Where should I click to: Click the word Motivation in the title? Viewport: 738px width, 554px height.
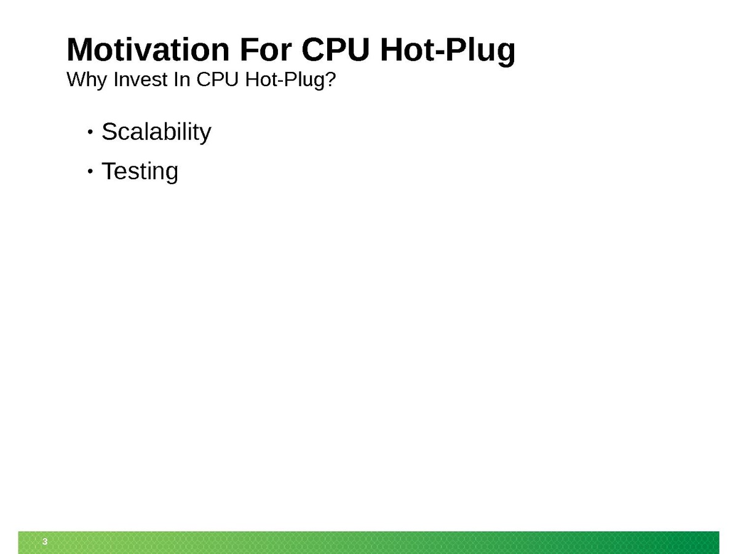(148, 50)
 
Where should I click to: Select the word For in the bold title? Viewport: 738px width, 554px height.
(266, 50)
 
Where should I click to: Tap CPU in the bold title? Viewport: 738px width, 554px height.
(336, 50)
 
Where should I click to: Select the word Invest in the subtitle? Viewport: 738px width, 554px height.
(141, 79)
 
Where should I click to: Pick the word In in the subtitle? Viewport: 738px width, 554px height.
(182, 79)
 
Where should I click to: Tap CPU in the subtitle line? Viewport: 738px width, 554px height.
(218, 79)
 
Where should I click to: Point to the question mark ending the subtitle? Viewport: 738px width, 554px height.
(330, 79)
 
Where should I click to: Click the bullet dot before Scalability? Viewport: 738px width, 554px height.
(90, 132)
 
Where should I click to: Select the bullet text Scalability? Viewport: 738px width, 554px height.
(157, 132)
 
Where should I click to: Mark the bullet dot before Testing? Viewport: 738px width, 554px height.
(90, 172)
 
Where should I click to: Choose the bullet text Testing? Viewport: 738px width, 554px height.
(140, 172)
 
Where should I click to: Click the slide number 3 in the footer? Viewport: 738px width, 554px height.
(45, 542)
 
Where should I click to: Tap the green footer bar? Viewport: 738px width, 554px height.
(369, 542)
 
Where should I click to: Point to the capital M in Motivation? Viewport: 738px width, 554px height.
(81, 50)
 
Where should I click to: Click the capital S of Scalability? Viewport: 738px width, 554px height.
(109, 132)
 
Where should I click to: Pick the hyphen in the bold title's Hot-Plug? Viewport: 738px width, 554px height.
(440, 52)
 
